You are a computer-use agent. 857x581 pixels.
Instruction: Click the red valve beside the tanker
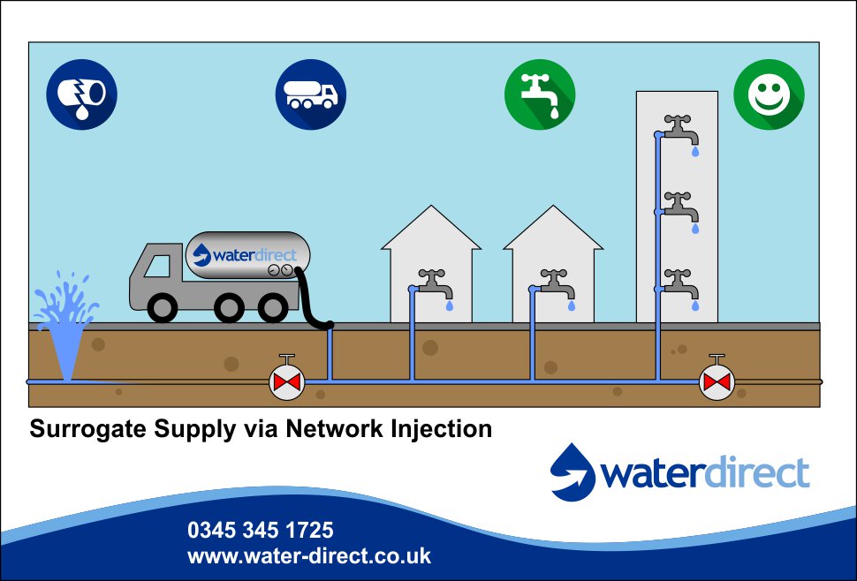(x=286, y=381)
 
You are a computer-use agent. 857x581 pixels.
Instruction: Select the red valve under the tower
(x=717, y=381)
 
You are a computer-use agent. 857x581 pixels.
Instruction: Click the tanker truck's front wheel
(x=163, y=306)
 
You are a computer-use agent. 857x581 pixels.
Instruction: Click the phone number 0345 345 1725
(x=260, y=531)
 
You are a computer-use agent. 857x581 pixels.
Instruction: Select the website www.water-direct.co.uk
(x=308, y=556)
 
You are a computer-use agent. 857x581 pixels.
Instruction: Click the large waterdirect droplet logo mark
(x=574, y=472)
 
